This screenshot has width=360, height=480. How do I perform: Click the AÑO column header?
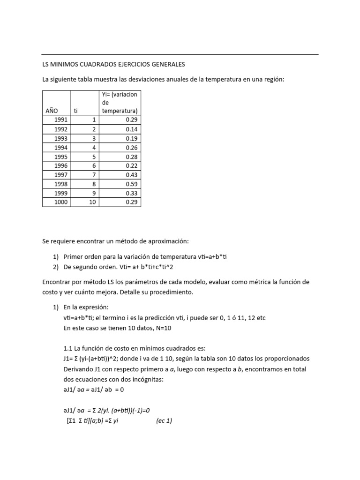click(52, 111)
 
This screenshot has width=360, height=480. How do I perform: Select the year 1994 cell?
click(60, 148)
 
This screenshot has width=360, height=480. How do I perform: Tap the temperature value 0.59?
click(131, 184)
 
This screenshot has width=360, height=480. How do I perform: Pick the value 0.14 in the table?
click(131, 129)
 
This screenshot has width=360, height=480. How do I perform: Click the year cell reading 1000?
click(60, 202)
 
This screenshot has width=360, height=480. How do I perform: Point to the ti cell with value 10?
click(92, 202)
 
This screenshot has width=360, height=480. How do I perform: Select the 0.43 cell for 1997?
click(131, 175)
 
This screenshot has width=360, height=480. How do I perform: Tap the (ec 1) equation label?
click(164, 421)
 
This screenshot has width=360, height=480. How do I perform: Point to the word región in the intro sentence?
click(274, 79)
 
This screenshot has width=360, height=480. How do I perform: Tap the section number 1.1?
click(68, 348)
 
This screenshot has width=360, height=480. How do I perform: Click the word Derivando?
click(79, 369)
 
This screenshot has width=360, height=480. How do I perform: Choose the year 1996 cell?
click(60, 166)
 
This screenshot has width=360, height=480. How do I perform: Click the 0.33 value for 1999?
click(131, 193)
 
